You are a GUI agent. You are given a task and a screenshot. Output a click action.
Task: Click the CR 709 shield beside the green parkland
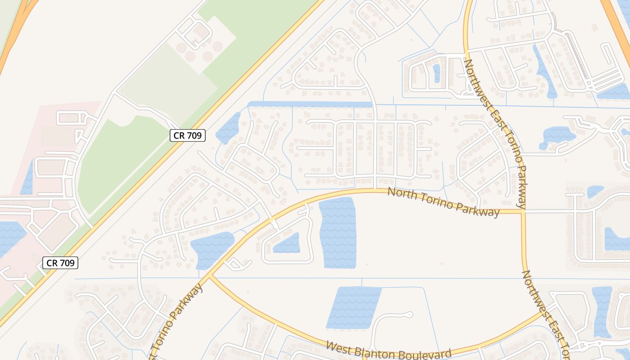point(188,135)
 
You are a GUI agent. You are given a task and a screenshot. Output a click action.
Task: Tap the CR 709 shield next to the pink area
point(60,263)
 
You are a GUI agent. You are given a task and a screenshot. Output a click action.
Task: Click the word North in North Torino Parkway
point(401,194)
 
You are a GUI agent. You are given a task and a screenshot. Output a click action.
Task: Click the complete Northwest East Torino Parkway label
point(495,134)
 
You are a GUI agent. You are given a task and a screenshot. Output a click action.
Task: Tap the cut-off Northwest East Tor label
point(547,315)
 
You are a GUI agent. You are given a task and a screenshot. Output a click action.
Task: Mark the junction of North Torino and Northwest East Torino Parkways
point(523,211)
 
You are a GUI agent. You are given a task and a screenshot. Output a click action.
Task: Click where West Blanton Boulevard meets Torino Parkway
point(210,276)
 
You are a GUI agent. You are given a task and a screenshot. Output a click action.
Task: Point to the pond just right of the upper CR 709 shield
point(228,128)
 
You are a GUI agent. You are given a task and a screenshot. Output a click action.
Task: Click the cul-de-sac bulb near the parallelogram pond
point(409,315)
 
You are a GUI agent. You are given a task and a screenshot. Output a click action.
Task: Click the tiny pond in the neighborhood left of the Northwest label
point(436,73)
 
